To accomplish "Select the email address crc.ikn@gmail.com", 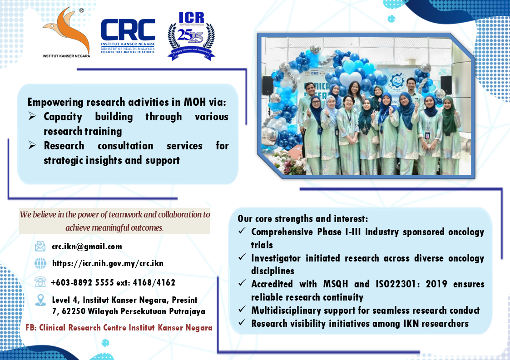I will (x=87, y=247).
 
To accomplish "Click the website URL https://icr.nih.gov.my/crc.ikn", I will (x=108, y=263).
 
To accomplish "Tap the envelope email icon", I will (x=40, y=247).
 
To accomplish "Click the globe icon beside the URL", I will (x=40, y=263).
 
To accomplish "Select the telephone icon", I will (x=40, y=282).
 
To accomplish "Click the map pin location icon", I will (x=40, y=300).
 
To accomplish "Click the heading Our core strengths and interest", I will (x=299, y=218).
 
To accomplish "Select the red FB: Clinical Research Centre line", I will (x=119, y=327).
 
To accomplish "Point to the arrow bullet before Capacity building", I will (x=32, y=117).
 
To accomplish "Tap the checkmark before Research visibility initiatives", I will (x=242, y=324).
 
